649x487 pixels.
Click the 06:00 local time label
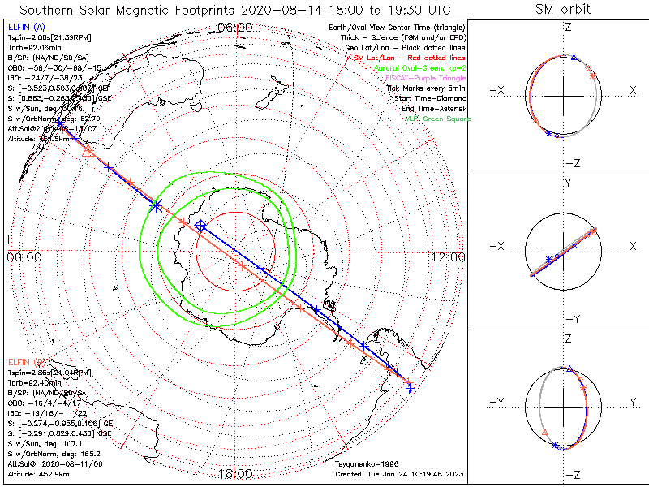click(x=235, y=28)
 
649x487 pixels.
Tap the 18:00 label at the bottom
click(x=235, y=473)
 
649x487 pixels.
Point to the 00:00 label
click(x=24, y=257)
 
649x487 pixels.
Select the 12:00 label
click(x=448, y=257)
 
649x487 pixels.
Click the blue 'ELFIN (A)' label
click(x=25, y=28)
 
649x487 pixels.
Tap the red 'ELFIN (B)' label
click(x=25, y=361)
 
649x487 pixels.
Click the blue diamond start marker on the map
click(x=200, y=226)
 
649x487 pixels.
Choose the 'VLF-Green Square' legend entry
click(x=437, y=119)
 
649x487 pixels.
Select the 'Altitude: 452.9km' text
click(x=38, y=473)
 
